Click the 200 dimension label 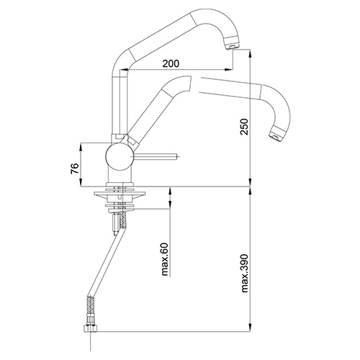pos(171,63)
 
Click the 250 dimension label pos(245,127)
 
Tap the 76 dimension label pos(75,168)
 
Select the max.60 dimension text pos(165,259)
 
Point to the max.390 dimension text pos(245,273)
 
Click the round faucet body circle pos(119,157)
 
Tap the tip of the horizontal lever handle pos(178,157)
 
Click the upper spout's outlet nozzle pos(230,45)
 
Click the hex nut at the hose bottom pos(90,328)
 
